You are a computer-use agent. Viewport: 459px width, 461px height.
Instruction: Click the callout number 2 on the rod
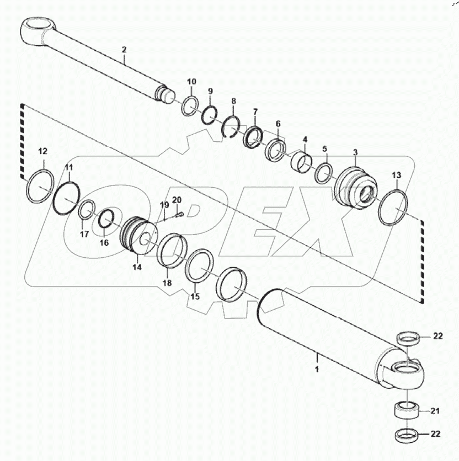pyautogui.click(x=124, y=50)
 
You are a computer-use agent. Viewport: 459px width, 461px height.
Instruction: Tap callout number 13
pyautogui.click(x=396, y=175)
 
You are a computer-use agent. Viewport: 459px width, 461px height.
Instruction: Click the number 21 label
pyautogui.click(x=435, y=410)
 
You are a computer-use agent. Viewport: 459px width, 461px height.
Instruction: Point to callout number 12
pyautogui.click(x=42, y=151)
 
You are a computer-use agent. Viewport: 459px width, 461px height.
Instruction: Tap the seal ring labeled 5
pyautogui.click(x=323, y=173)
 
